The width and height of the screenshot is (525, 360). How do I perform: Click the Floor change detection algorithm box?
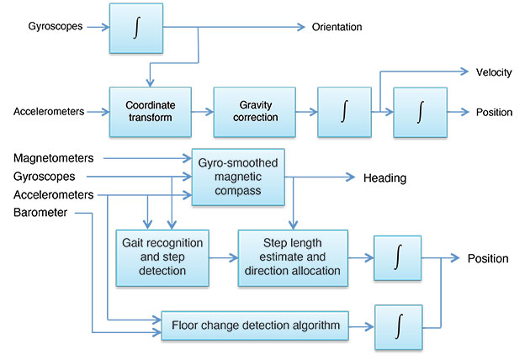tap(255, 323)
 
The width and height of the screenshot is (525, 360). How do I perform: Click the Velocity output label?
tap(493, 72)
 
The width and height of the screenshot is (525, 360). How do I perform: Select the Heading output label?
tap(384, 178)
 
